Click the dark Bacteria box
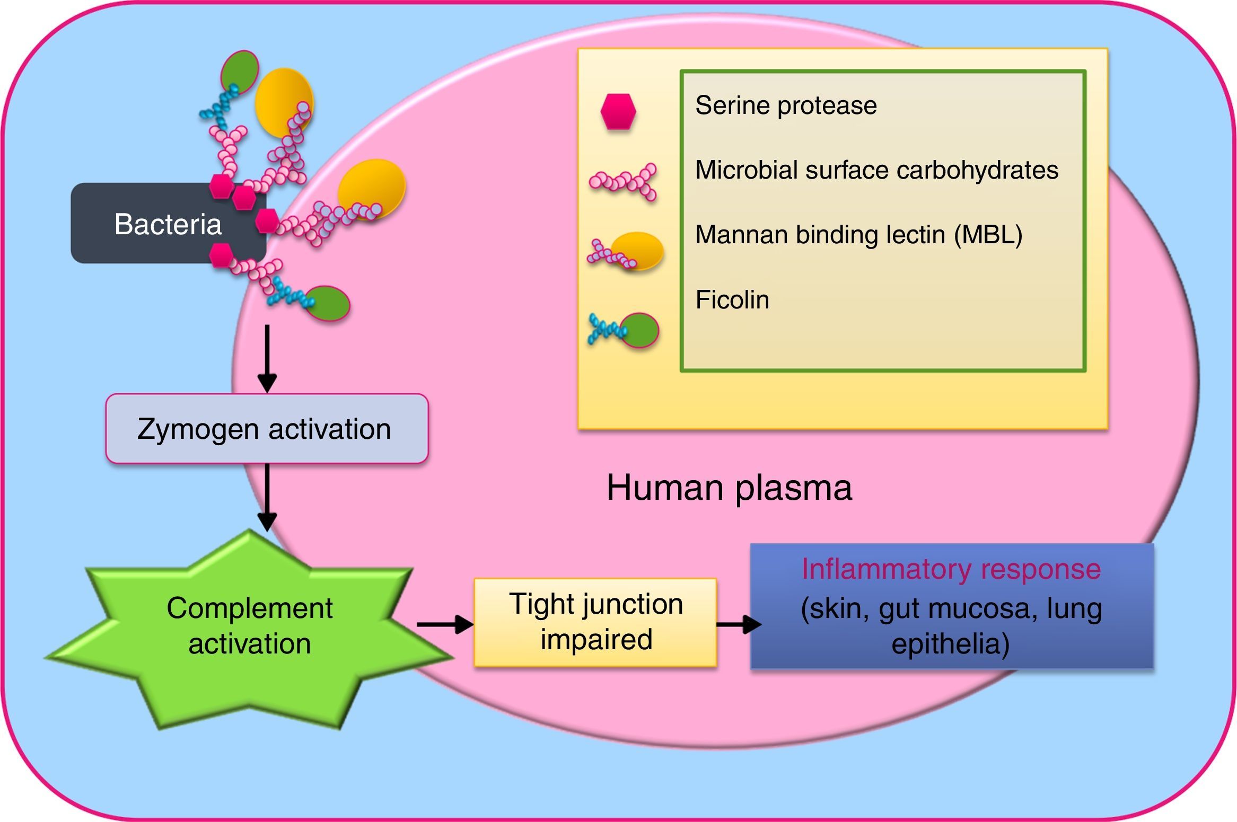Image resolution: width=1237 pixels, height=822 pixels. tap(159, 224)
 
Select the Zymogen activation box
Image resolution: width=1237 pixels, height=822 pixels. tap(266, 429)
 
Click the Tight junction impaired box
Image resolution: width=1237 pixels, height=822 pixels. tap(595, 622)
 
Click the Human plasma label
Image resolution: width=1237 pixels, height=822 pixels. tap(729, 488)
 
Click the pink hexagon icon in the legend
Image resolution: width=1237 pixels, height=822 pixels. tap(618, 111)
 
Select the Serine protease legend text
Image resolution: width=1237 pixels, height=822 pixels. tap(785, 105)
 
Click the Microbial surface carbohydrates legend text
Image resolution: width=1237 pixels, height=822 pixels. tap(876, 170)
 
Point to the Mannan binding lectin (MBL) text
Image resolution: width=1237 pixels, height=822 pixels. tap(858, 235)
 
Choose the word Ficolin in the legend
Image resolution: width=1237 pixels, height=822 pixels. tap(732, 300)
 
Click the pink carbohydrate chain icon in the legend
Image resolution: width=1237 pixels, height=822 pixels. tap(624, 182)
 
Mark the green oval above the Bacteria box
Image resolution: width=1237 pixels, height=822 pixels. tap(240, 72)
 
